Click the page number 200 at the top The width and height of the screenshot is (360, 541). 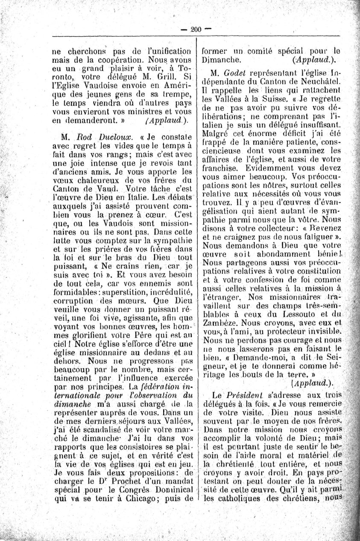tap(196, 29)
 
